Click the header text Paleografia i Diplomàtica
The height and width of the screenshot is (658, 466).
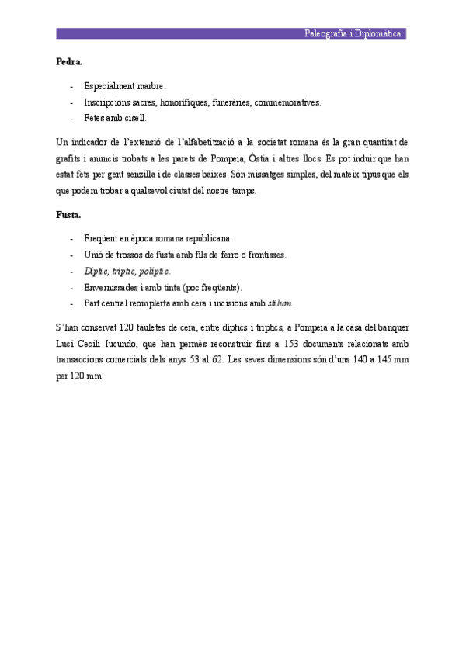(x=353, y=34)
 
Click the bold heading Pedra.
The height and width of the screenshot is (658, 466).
(x=69, y=61)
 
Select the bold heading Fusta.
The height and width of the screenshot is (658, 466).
(x=68, y=213)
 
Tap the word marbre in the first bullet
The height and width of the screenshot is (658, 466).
(x=151, y=85)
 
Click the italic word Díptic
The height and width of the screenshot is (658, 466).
(x=96, y=271)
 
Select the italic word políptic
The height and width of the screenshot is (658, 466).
(x=154, y=271)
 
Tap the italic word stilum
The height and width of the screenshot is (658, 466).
(x=281, y=303)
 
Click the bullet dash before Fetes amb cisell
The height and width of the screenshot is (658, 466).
(x=72, y=119)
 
